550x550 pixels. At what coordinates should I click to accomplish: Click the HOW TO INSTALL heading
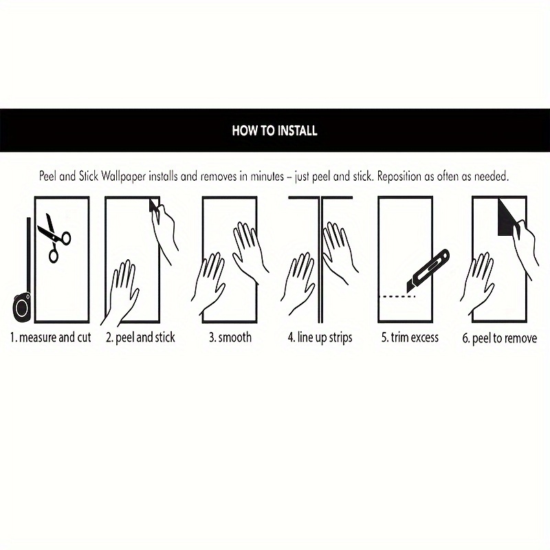[x=274, y=131]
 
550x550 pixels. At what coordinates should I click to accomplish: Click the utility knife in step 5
[x=428, y=270]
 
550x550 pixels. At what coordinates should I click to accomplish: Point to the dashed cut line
[x=398, y=297]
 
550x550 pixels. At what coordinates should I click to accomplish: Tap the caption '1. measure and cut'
[x=50, y=338]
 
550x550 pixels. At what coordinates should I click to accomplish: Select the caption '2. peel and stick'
[x=140, y=338]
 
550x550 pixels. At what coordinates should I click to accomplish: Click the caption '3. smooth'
[x=230, y=338]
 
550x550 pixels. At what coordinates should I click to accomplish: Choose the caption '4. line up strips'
[x=320, y=338]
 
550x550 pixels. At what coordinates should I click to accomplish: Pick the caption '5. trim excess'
[x=410, y=338]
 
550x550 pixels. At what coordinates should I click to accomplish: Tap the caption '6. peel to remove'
[x=500, y=338]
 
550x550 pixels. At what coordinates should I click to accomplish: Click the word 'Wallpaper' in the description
[x=123, y=176]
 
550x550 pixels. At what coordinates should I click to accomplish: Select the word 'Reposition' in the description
[x=399, y=177]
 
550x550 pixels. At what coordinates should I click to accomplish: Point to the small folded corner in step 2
[x=153, y=205]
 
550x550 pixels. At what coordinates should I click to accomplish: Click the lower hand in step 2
[x=121, y=291]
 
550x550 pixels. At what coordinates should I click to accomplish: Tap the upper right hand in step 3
[x=249, y=247]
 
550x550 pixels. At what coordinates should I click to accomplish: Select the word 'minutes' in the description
[x=267, y=176]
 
